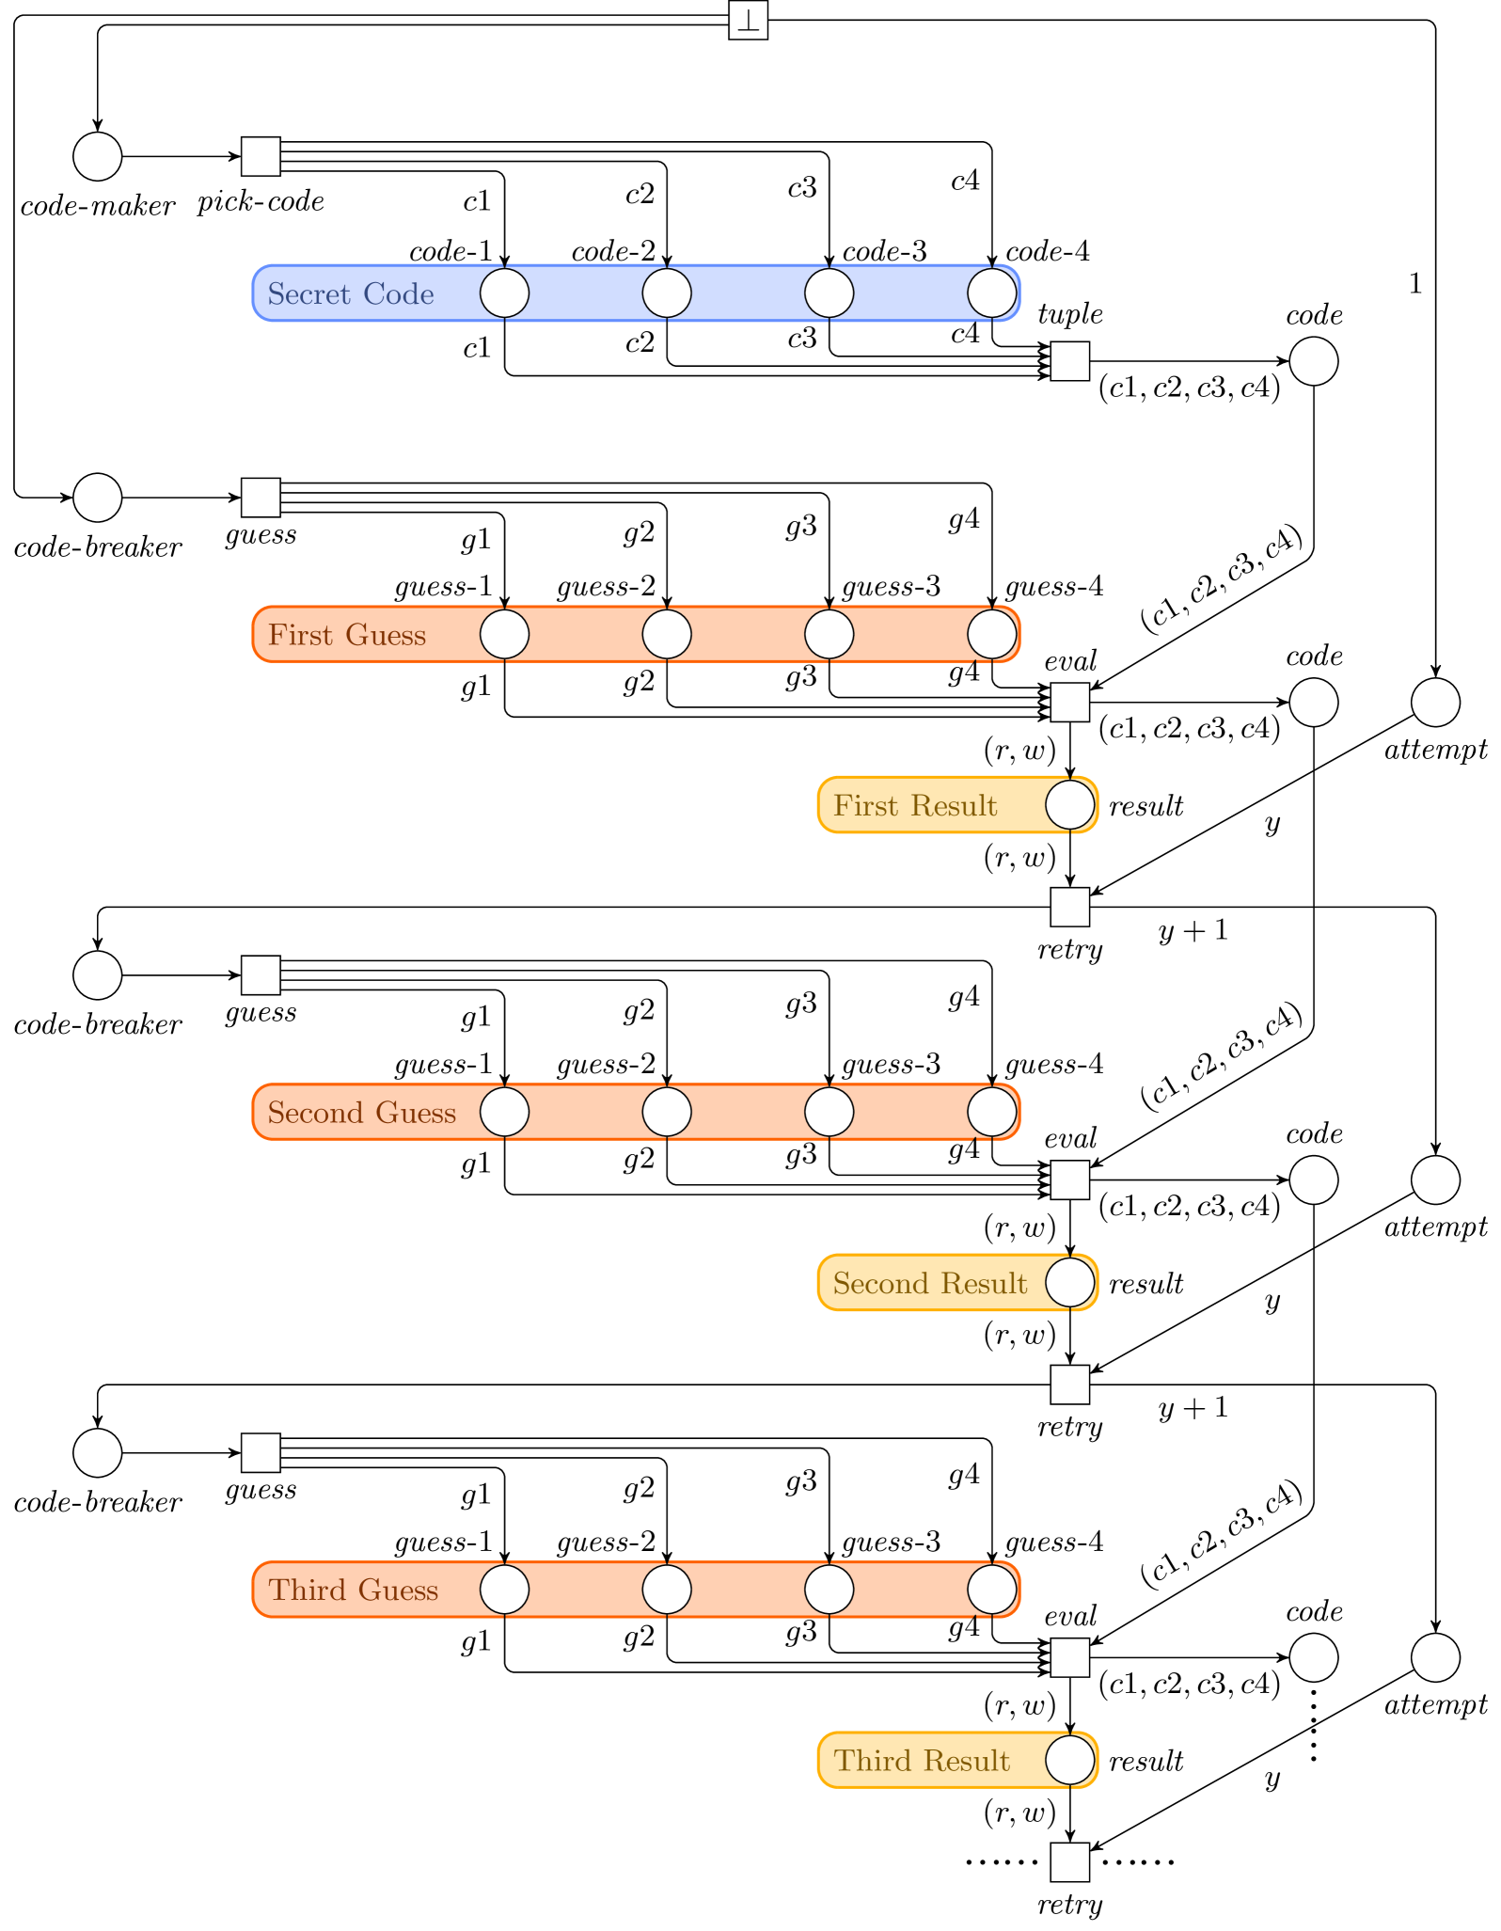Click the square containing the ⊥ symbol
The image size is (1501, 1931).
pyautogui.click(x=748, y=21)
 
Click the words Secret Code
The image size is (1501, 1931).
pyautogui.click(x=350, y=294)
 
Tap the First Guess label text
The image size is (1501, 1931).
pyautogui.click(x=346, y=636)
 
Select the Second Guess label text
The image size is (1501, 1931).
pyautogui.click(x=361, y=1114)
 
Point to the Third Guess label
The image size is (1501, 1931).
pyautogui.click(x=353, y=1591)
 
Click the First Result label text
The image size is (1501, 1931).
pyautogui.click(x=914, y=806)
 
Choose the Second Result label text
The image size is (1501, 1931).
pyautogui.click(x=929, y=1284)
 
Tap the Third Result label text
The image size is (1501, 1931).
pyautogui.click(x=921, y=1761)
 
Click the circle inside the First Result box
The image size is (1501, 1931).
pyautogui.click(x=1069, y=805)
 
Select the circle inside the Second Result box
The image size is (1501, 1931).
pyautogui.click(x=1069, y=1283)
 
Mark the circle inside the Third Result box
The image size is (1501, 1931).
pyautogui.click(x=1069, y=1760)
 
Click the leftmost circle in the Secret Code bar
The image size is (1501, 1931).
pyautogui.click(x=505, y=293)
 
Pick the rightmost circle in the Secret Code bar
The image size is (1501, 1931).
pyautogui.click(x=991, y=293)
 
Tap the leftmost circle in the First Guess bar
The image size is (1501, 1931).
pyautogui.click(x=505, y=635)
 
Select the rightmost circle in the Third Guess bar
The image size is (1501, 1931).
pyautogui.click(x=991, y=1590)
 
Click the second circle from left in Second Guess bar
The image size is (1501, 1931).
pyautogui.click(x=667, y=1113)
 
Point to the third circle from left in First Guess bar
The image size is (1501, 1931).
pyautogui.click(x=829, y=635)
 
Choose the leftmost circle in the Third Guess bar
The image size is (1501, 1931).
pyautogui.click(x=505, y=1590)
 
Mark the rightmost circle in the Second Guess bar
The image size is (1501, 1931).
pyautogui.click(x=991, y=1113)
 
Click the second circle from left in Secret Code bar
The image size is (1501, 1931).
pyautogui.click(x=667, y=293)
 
